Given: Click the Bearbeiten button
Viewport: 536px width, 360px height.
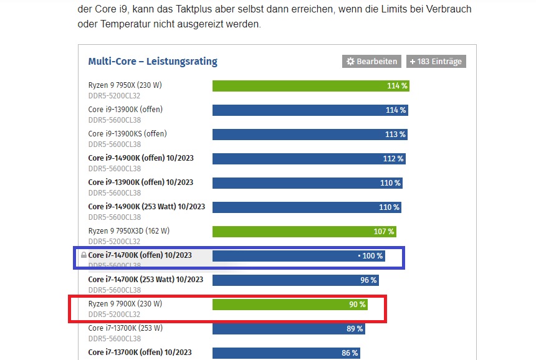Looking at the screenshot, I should tap(371, 62).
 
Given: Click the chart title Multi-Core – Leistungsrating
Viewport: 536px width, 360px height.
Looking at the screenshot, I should tap(153, 62).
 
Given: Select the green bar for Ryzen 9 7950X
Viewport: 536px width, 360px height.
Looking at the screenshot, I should tap(310, 86).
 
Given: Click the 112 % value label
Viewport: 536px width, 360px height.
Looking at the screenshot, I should tap(393, 159).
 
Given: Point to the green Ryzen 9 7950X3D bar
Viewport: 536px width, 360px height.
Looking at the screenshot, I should tap(304, 232).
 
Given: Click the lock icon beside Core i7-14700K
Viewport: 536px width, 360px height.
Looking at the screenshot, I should tap(83, 255).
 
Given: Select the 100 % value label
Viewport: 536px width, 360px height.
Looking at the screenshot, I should tap(372, 256).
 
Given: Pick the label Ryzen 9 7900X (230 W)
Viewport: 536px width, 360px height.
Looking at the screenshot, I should tap(125, 304).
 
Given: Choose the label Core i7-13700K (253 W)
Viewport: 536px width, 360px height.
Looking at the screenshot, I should tap(125, 328).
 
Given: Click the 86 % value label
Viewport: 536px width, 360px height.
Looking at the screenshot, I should tap(350, 353).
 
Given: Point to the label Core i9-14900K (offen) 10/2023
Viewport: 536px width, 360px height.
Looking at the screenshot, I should tap(141, 158).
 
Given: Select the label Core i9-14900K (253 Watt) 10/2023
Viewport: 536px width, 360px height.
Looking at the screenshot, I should tap(146, 207).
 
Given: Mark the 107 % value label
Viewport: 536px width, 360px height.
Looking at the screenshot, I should tap(384, 232).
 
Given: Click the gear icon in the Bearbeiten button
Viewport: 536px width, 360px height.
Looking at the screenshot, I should tap(350, 62).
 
